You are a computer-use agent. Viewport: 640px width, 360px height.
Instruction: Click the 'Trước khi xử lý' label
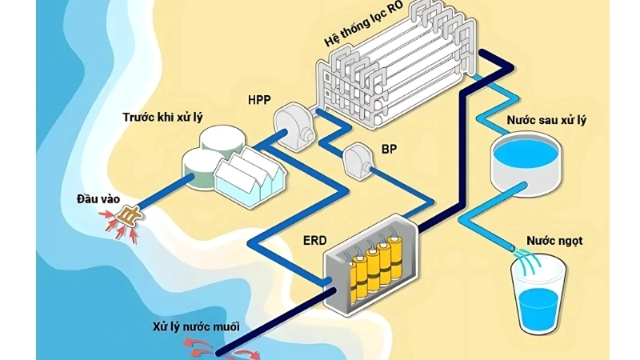[x=162, y=118]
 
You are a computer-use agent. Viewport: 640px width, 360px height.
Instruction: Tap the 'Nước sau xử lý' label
[x=546, y=120]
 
